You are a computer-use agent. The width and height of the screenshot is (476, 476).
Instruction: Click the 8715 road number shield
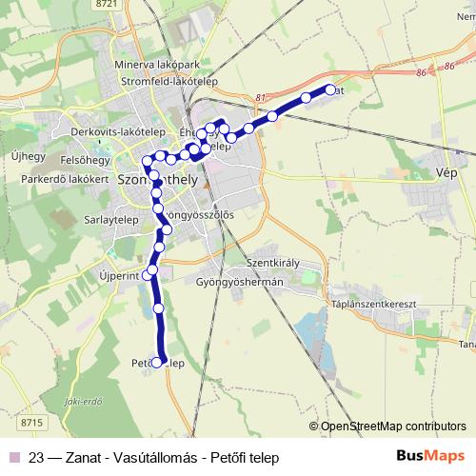point(31,422)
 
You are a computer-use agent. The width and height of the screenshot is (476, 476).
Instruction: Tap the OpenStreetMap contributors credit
point(391,426)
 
